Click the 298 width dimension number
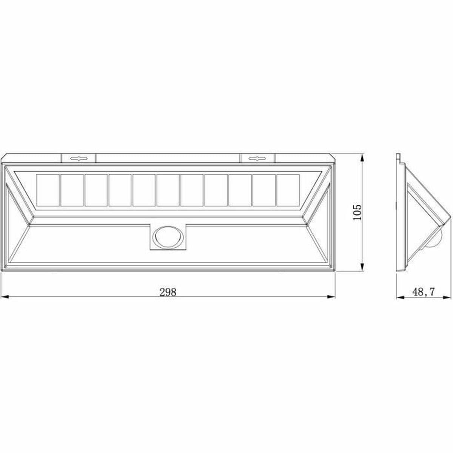pos(168,291)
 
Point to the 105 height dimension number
pos(357,212)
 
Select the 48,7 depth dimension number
pos(424,291)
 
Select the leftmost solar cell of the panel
pos(48,190)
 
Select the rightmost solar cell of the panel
pos(288,190)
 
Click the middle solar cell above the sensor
pos(168,190)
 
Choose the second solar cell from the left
pos(72,190)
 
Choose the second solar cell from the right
pos(264,190)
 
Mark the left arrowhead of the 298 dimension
pos(5,297)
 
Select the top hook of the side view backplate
pos(398,156)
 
